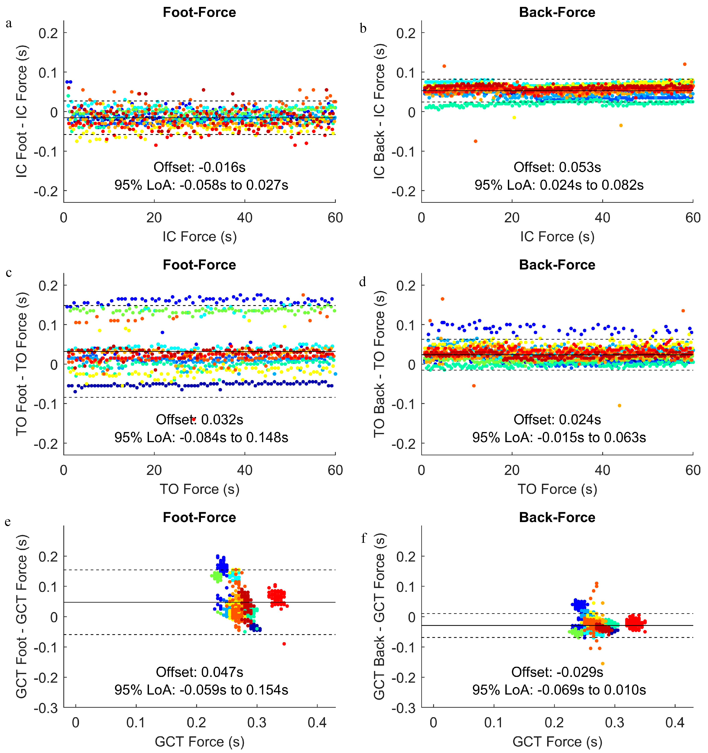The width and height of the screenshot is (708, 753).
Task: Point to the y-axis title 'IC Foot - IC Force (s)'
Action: click(x=22, y=112)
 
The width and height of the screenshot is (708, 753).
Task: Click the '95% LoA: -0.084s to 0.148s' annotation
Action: click(x=201, y=438)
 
